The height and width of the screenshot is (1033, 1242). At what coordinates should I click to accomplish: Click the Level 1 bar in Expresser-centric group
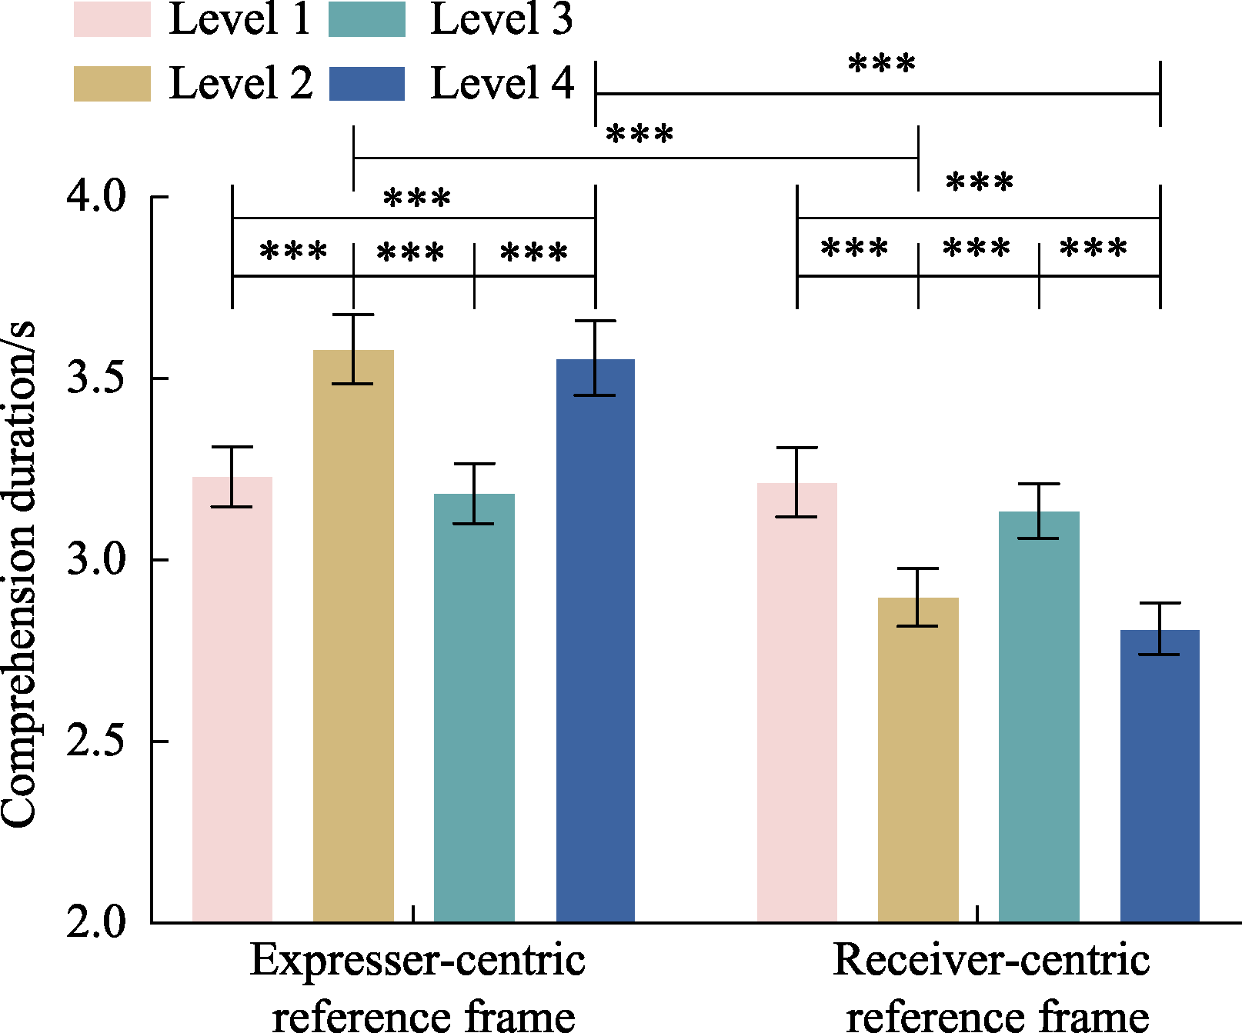(x=232, y=700)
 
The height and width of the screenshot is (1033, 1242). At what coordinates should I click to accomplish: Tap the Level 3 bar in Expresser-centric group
(x=474, y=708)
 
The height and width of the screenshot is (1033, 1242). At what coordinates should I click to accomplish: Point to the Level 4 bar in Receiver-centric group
(x=1160, y=776)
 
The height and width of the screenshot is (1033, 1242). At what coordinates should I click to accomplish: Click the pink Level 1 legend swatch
(x=112, y=20)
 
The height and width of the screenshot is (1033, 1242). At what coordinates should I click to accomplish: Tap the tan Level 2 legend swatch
(x=112, y=83)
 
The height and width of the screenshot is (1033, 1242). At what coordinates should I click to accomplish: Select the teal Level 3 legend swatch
(x=367, y=20)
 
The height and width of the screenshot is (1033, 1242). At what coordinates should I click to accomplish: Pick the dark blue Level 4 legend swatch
(x=367, y=83)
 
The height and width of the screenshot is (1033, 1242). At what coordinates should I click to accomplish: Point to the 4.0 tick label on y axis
(x=95, y=197)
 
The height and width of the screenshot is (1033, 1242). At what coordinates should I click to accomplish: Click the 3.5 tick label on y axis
(x=95, y=378)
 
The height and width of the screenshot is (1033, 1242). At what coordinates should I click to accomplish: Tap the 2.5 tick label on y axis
(x=95, y=741)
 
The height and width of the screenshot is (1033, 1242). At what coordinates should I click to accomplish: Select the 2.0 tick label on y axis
(x=95, y=922)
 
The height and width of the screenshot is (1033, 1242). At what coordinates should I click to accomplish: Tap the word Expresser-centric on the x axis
(x=417, y=960)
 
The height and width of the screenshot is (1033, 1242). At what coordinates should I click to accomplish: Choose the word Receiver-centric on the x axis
(x=991, y=960)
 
